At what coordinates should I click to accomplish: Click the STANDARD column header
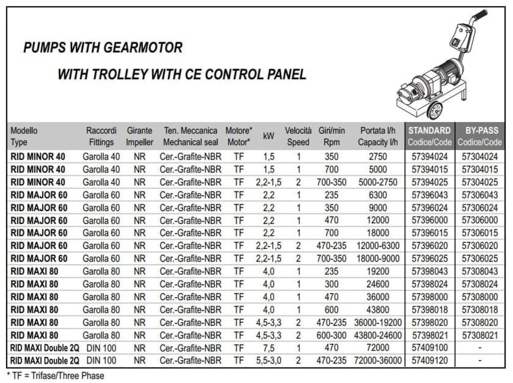coord(429,136)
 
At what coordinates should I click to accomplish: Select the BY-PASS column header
coord(480,136)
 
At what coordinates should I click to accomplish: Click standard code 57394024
coord(429,157)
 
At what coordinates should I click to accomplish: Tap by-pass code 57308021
coord(480,336)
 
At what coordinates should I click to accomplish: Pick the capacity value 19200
coord(377,272)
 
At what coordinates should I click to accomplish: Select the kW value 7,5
coord(269,348)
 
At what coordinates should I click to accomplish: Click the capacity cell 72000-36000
coord(377,361)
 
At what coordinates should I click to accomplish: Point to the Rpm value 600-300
coord(331,336)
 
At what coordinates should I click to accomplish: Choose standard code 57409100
coord(429,348)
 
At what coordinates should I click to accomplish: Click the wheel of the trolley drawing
coord(434,111)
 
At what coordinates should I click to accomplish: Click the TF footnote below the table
coord(56,376)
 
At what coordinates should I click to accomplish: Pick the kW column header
coord(269,136)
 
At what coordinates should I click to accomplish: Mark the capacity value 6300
coord(377,195)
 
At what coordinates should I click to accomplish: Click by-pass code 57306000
coord(480,221)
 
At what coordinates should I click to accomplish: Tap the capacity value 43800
coord(377,310)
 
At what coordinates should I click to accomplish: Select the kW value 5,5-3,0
coord(269,361)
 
